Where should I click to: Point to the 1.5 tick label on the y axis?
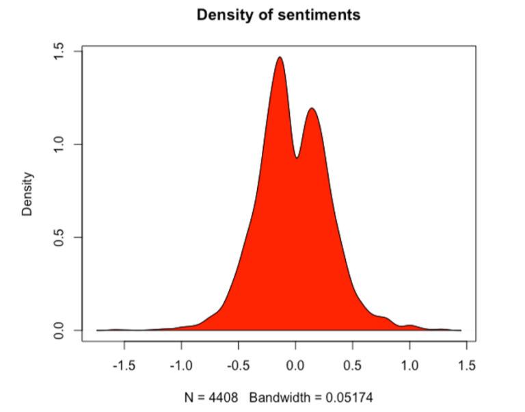click(x=59, y=51)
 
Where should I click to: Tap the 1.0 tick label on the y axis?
click(x=59, y=144)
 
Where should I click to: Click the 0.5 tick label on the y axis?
click(x=59, y=238)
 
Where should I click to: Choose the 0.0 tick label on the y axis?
click(x=59, y=331)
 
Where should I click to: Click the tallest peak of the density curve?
click(x=280, y=58)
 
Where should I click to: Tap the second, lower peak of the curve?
click(x=312, y=109)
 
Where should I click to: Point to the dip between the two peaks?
click(x=297, y=157)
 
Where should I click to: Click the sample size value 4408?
click(x=224, y=395)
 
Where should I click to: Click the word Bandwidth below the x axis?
click(x=280, y=395)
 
